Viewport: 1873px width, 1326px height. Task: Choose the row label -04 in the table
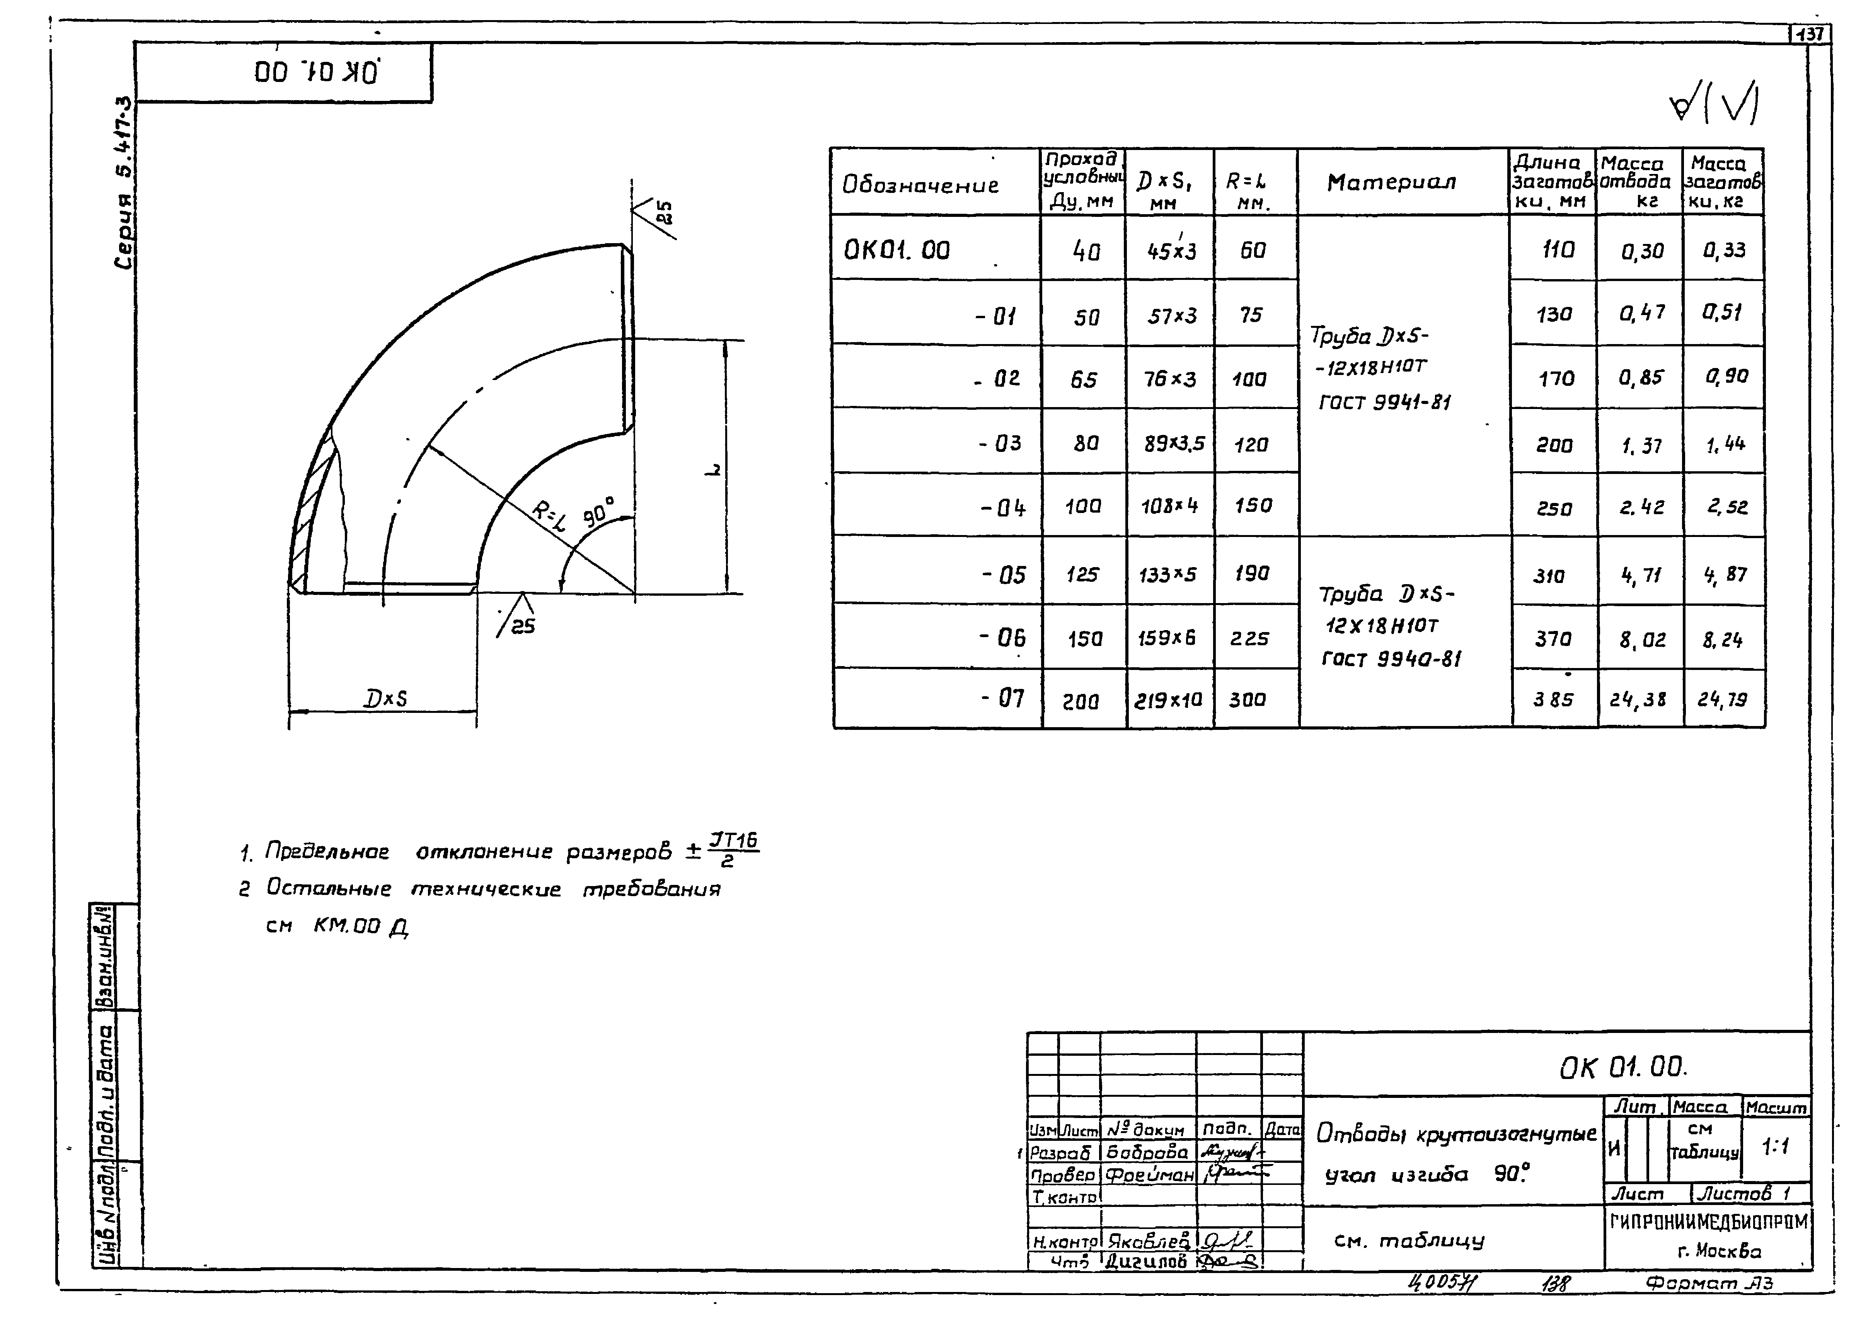tap(1003, 508)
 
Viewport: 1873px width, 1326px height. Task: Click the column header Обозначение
tap(920, 184)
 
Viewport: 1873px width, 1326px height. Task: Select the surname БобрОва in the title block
tap(1147, 1152)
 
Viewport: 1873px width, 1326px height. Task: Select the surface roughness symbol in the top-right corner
tap(1715, 106)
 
